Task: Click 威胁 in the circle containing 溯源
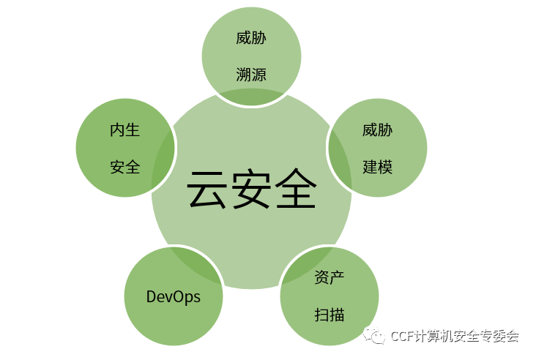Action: [251, 39]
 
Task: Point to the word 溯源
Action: [251, 74]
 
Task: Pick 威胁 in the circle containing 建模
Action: [378, 131]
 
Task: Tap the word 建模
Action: [378, 166]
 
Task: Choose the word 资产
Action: [330, 279]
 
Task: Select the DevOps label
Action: [174, 296]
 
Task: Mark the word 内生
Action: [125, 131]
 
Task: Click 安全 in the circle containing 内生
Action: [125, 166]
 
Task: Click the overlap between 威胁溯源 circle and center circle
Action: [251, 97]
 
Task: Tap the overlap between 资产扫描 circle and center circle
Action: [305, 266]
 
